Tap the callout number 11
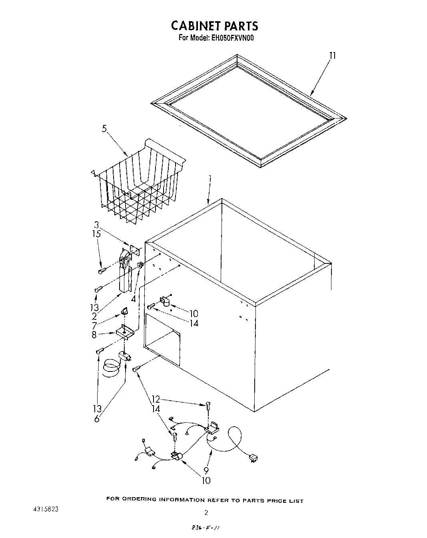332,55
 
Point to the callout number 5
104,129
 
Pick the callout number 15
96,234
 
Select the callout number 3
96,225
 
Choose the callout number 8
94,335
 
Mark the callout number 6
97,419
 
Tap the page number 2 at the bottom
206,512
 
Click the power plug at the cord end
253,458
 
